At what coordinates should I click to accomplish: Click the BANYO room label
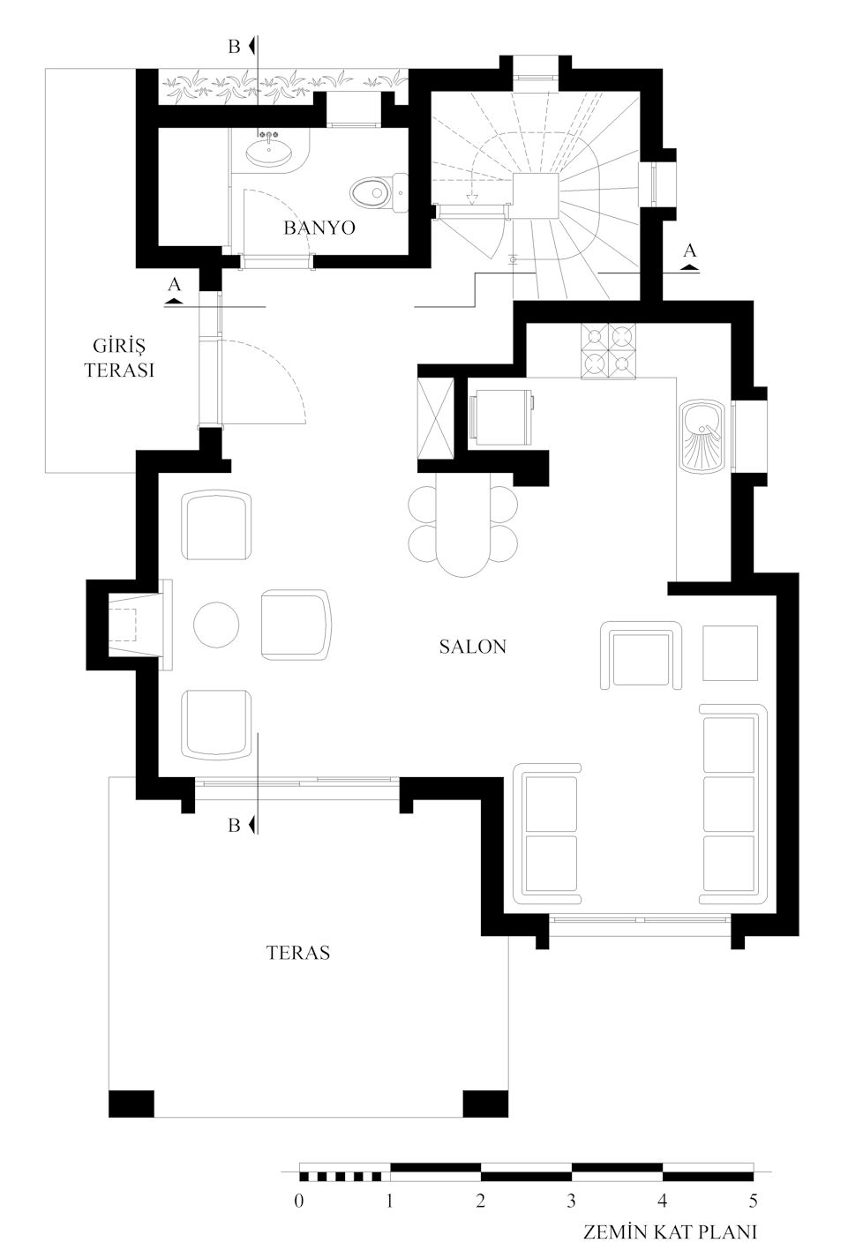pyautogui.click(x=319, y=228)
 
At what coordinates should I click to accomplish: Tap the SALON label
pyautogui.click(x=472, y=647)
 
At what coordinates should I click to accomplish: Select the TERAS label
pyautogui.click(x=298, y=952)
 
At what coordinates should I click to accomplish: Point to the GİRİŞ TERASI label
pyautogui.click(x=119, y=357)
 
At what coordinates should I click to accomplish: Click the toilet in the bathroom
pyautogui.click(x=379, y=193)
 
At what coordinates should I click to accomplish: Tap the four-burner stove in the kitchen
pyautogui.click(x=609, y=352)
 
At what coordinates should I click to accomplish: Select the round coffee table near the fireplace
pyautogui.click(x=216, y=625)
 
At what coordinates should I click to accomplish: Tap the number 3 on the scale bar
pyautogui.click(x=571, y=1201)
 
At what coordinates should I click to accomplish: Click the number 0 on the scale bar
pyautogui.click(x=299, y=1201)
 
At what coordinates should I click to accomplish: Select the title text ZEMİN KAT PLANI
pyautogui.click(x=670, y=1231)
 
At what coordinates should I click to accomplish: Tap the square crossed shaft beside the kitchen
pyautogui.click(x=436, y=417)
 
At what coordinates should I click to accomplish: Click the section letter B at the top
pyautogui.click(x=234, y=47)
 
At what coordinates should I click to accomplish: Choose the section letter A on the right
pyautogui.click(x=690, y=251)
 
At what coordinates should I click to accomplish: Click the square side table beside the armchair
pyautogui.click(x=731, y=653)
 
